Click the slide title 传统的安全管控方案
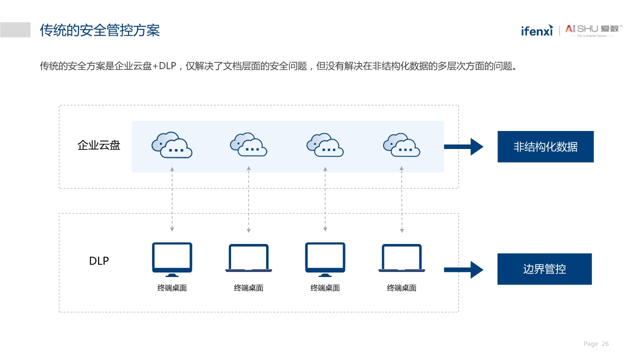(100, 30)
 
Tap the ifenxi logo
(536, 30)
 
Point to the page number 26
(605, 344)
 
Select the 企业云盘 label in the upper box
(99, 145)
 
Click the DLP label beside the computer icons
(99, 261)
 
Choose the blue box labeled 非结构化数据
(545, 146)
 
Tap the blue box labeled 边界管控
(544, 269)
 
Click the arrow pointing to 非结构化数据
(463, 146)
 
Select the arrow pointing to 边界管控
(463, 269)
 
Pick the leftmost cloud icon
(172, 145)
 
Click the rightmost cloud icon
(401, 145)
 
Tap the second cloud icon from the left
(248, 145)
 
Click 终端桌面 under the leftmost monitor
(172, 288)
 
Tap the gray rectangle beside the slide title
(15, 30)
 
